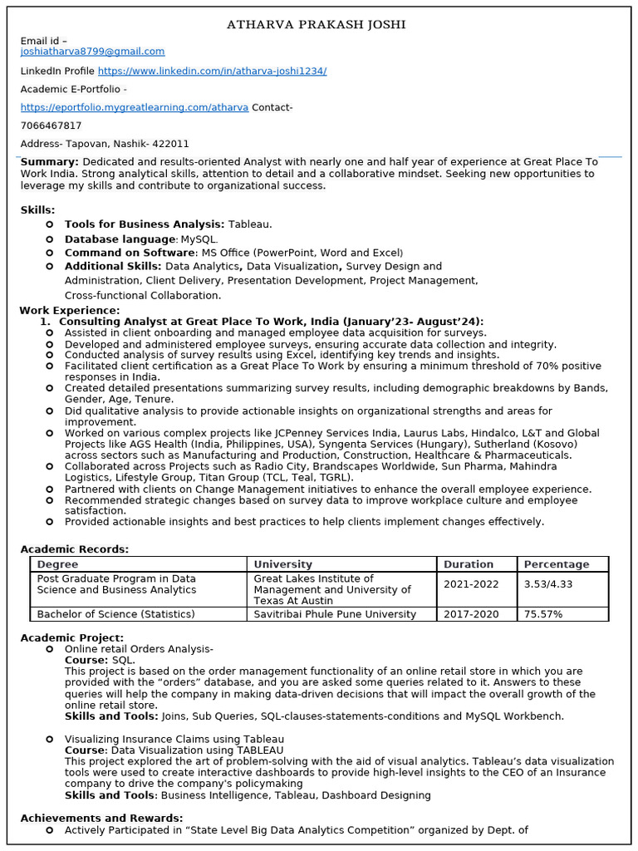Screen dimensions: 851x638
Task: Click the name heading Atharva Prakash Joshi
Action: [x=317, y=25]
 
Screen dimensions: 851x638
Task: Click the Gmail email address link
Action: [x=92, y=52]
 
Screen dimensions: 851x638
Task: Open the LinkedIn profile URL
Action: [x=212, y=71]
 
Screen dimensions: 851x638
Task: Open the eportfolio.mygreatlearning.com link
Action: [x=134, y=107]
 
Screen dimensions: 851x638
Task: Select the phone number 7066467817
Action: [x=51, y=125]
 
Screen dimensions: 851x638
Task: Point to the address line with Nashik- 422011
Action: [x=105, y=144]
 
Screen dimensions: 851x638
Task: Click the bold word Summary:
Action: [x=49, y=162]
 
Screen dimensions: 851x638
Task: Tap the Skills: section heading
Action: [x=38, y=210]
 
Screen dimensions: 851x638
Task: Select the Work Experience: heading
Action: [x=70, y=311]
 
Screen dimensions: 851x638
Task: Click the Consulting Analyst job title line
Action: [x=271, y=322]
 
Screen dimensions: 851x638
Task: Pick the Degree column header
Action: [x=58, y=564]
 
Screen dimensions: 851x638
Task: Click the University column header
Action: [x=283, y=564]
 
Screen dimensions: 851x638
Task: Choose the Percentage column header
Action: [x=557, y=564]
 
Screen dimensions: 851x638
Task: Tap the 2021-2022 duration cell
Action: [x=471, y=584]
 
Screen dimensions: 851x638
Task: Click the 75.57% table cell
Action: [x=543, y=614]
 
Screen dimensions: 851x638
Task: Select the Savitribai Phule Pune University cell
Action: [x=335, y=614]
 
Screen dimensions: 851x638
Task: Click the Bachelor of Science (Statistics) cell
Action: [x=116, y=614]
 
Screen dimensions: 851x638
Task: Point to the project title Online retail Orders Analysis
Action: [x=139, y=649]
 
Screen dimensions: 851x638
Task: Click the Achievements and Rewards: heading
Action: [x=101, y=819]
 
